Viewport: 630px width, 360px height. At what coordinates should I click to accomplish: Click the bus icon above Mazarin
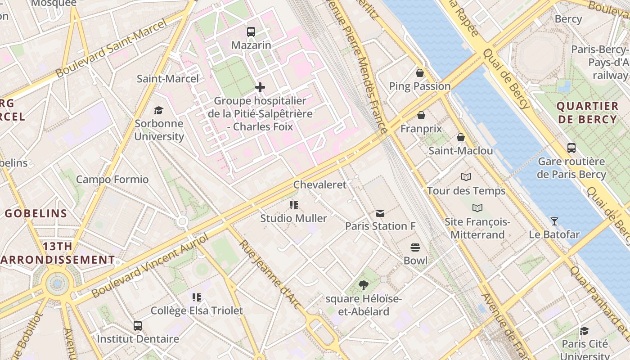tap(251, 32)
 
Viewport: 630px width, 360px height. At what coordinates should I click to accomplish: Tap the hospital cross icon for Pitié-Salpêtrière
tap(260, 87)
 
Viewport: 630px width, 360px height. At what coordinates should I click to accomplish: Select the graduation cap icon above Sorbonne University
tap(158, 110)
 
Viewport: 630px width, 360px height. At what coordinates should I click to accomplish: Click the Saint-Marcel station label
tap(167, 79)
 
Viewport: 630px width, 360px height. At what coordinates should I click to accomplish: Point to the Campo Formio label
tap(112, 180)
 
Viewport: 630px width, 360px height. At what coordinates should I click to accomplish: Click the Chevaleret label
tap(320, 184)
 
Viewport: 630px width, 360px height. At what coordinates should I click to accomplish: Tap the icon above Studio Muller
tap(294, 206)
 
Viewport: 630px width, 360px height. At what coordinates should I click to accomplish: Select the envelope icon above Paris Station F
tap(380, 213)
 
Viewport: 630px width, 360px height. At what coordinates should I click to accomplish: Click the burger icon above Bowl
tap(415, 247)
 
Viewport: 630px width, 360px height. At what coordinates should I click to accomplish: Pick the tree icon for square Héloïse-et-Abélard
tap(363, 285)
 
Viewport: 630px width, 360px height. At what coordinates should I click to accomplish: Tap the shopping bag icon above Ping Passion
tap(419, 73)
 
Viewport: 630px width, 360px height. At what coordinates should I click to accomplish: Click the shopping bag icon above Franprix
tap(421, 116)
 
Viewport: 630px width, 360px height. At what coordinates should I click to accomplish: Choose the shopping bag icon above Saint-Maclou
tap(460, 137)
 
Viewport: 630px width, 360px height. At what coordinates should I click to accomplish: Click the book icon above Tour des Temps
tap(466, 177)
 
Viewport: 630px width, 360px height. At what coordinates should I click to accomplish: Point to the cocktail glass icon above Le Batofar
tap(554, 221)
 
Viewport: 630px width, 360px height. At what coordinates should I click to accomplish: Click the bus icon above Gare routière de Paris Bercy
tap(571, 148)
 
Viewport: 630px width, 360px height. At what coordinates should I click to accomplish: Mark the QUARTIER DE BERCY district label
tap(587, 113)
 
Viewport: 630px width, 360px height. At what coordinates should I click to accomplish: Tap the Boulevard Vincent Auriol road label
tap(150, 265)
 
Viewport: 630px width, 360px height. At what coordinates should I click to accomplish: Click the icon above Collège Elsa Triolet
tap(197, 297)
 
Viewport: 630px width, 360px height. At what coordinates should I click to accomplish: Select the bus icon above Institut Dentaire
tap(138, 325)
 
